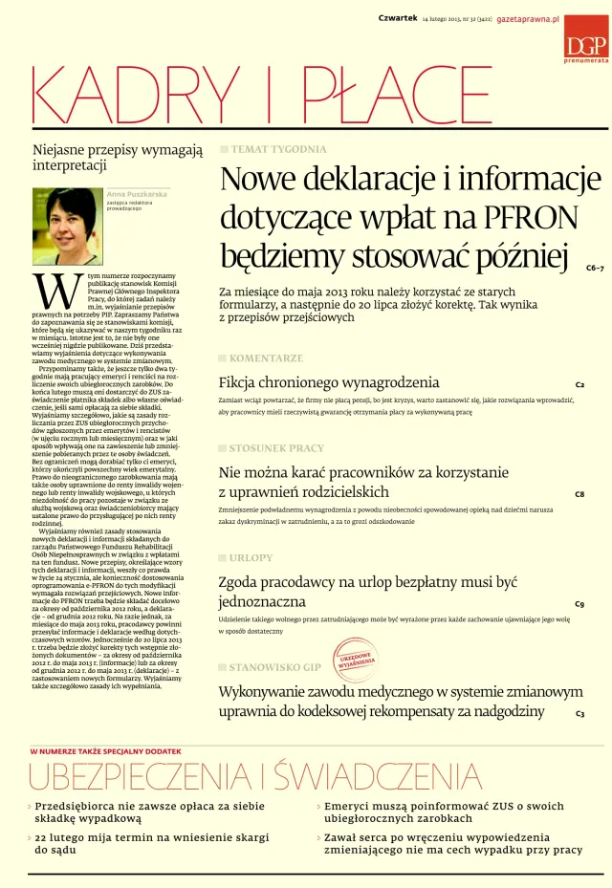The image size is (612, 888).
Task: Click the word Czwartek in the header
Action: [x=398, y=19]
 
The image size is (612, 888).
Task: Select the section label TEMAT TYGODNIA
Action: [x=277, y=150]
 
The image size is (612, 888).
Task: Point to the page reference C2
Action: [x=579, y=384]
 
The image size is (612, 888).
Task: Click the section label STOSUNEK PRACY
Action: [x=276, y=447]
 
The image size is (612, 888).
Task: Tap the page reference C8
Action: [x=579, y=494]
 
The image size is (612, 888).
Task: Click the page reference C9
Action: [x=579, y=604]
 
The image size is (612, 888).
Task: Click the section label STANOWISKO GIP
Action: [x=274, y=666]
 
